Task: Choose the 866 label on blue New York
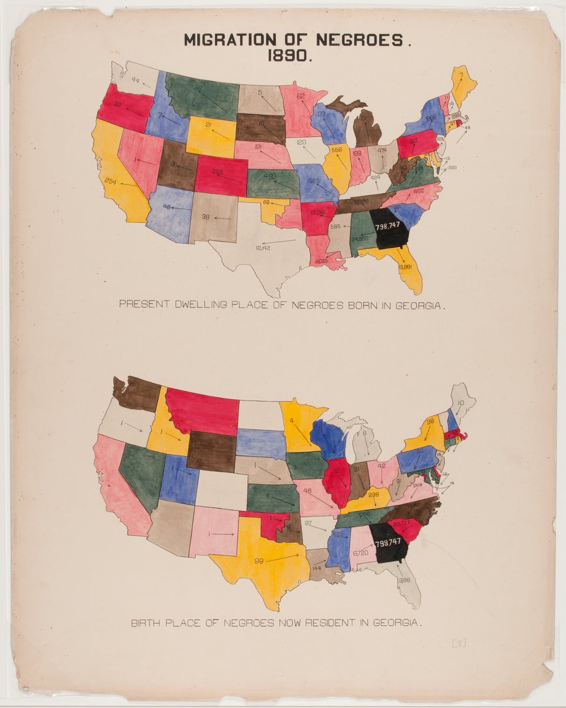click(431, 118)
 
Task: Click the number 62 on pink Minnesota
click(300, 96)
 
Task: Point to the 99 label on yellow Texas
click(258, 561)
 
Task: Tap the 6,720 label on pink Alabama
click(360, 553)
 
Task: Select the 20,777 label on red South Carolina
click(402, 522)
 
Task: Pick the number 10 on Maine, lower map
click(460, 404)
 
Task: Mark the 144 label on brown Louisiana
click(317, 568)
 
